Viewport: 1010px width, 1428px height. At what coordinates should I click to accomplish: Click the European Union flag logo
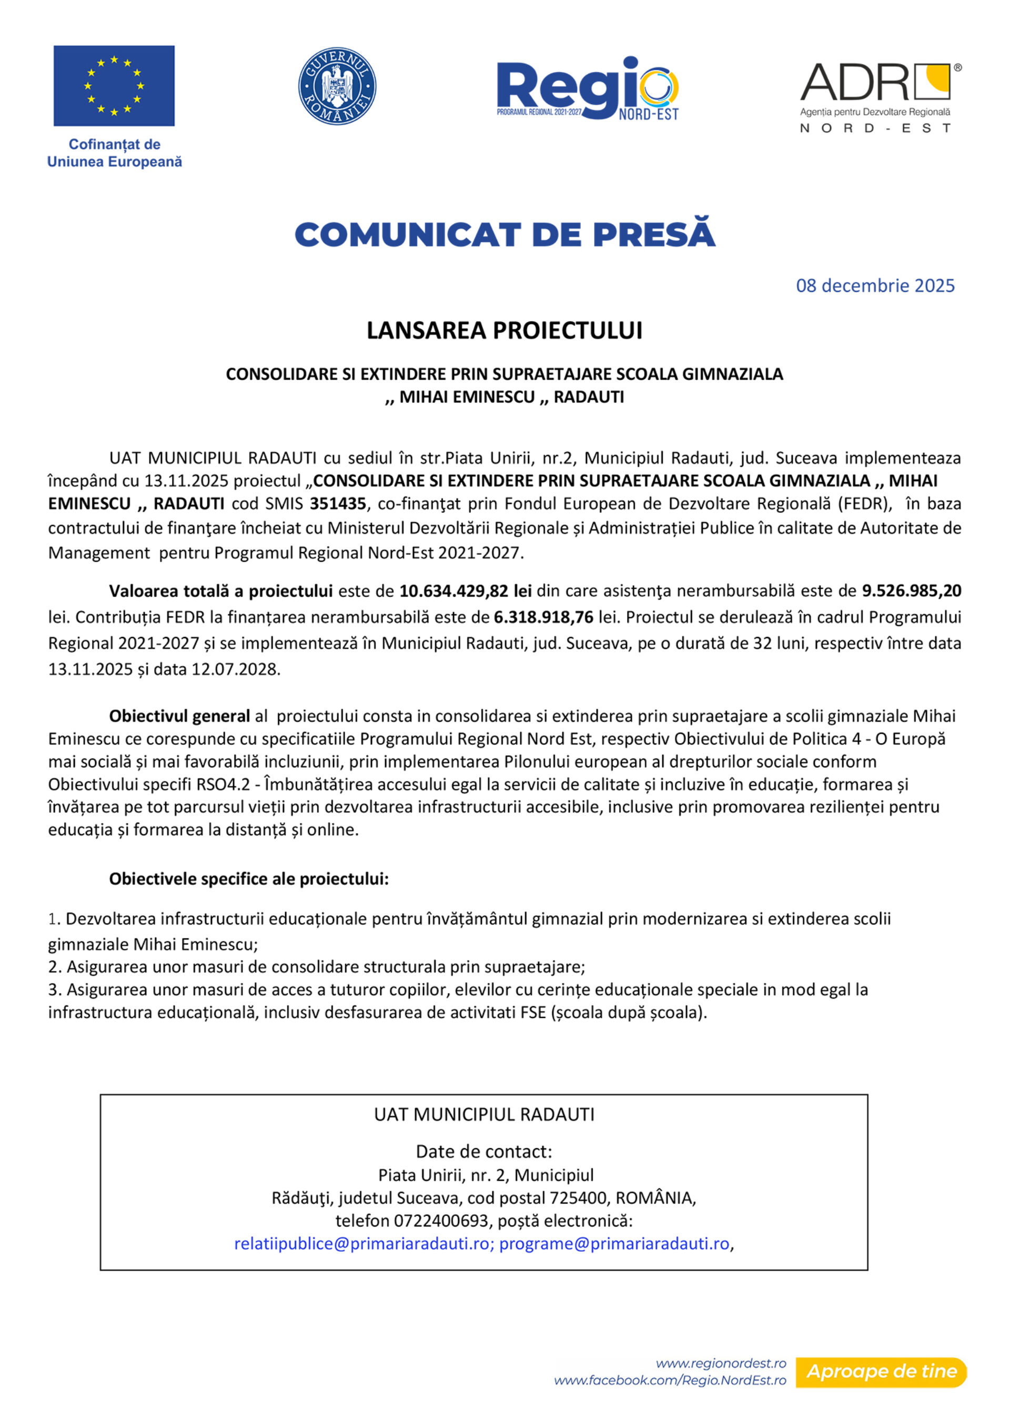tap(114, 86)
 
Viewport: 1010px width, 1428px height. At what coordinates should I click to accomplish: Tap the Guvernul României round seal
tap(337, 86)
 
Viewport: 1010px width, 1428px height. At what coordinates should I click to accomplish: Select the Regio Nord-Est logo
tap(587, 88)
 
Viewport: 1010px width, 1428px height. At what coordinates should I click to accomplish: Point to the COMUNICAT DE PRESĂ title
tap(504, 235)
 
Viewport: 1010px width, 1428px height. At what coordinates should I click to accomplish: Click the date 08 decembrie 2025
tap(874, 286)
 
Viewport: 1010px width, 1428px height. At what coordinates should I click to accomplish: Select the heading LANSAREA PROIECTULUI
tap(504, 330)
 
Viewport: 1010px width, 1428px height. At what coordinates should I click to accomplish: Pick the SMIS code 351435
tap(338, 504)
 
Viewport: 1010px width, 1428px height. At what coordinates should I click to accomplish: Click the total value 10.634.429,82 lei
tap(465, 591)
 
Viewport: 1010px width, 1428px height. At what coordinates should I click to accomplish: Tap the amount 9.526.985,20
tap(911, 591)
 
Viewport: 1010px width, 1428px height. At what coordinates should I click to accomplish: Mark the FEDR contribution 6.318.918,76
tap(543, 617)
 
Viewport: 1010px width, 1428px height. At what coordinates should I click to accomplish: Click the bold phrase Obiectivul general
tap(179, 716)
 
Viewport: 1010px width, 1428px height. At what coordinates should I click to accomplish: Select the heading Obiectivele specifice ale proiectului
tap(249, 879)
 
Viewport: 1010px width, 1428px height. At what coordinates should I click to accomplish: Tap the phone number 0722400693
tap(441, 1220)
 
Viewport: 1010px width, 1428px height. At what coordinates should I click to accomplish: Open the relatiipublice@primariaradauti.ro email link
tap(361, 1243)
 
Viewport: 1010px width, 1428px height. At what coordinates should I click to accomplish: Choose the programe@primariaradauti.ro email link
tap(614, 1243)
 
